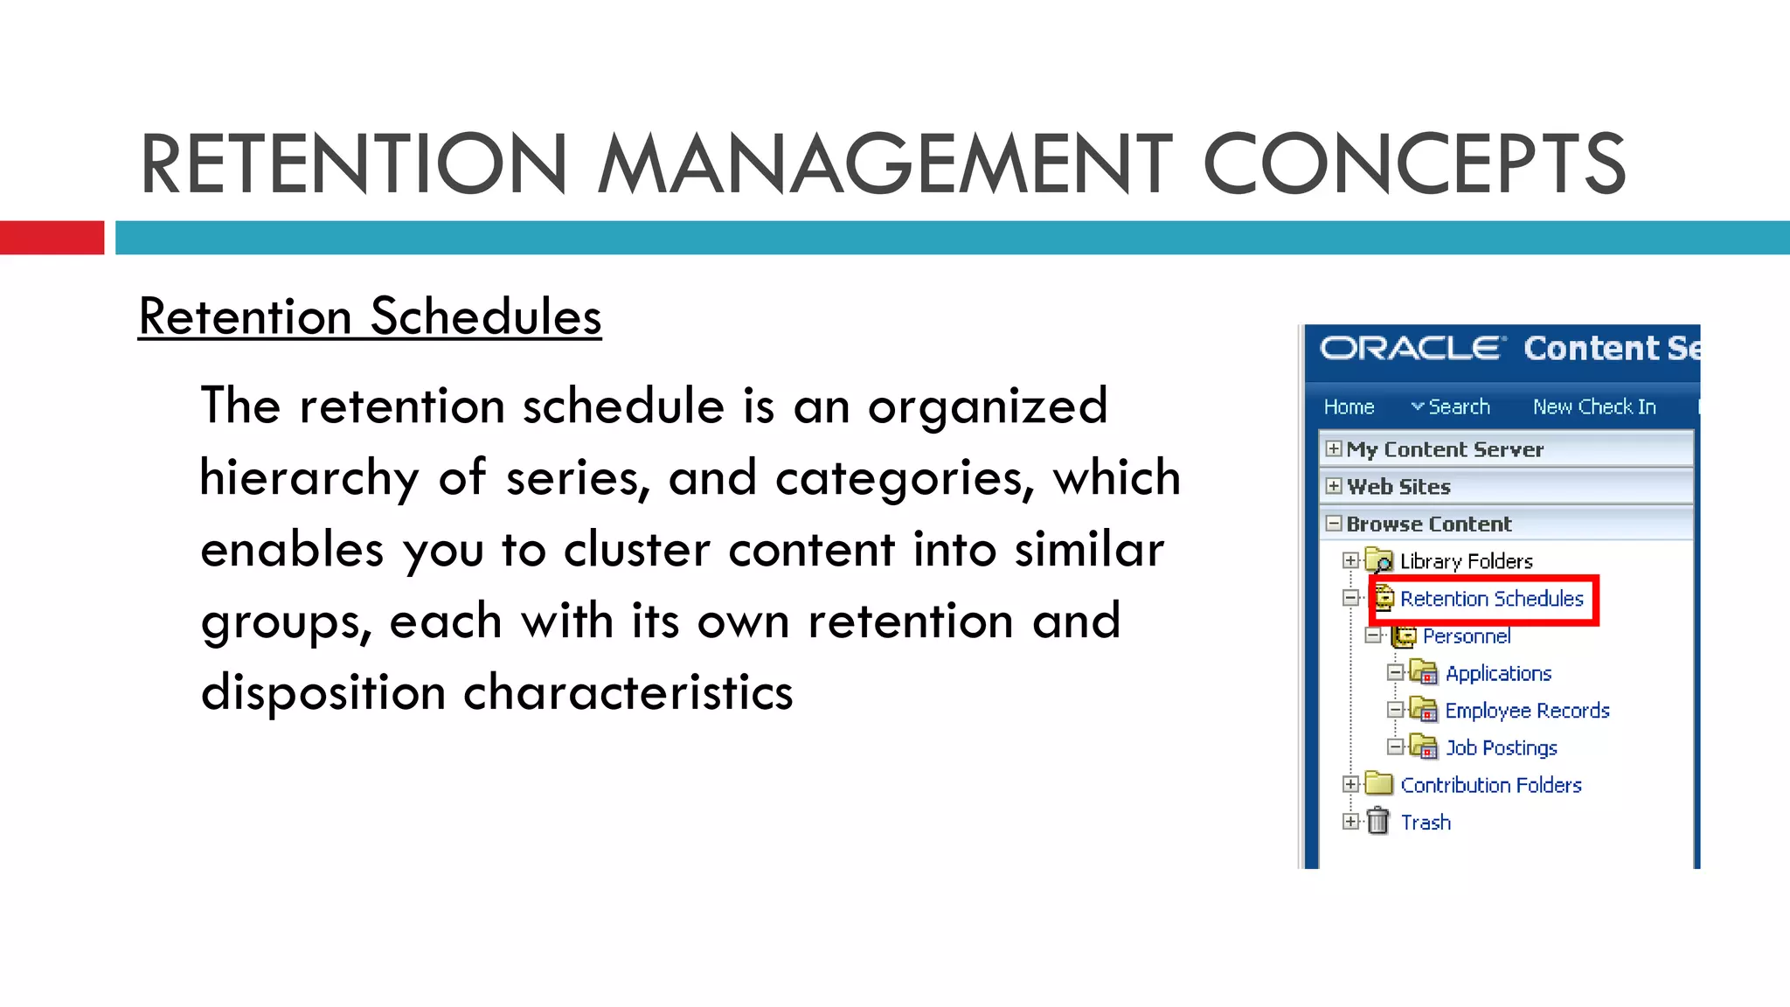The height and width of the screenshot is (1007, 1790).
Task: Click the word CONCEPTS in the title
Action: coord(1413,164)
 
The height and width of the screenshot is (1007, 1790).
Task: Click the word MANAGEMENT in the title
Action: coord(885,164)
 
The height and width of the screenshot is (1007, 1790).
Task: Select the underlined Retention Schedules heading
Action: coord(370,316)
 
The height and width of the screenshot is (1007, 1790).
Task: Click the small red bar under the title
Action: coord(52,238)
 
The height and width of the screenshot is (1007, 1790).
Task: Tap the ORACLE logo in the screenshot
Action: coord(1412,348)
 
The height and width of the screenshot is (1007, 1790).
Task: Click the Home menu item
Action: coord(1349,407)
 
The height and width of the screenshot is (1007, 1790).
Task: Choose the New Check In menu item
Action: coord(1594,407)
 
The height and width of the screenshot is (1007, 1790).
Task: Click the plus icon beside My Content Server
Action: coord(1333,449)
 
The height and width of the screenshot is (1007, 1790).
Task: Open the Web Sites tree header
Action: coord(1398,487)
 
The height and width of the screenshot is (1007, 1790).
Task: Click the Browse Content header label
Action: coord(1428,524)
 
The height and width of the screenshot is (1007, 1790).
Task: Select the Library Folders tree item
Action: coord(1466,561)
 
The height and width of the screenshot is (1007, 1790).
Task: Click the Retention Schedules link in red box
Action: coord(1491,599)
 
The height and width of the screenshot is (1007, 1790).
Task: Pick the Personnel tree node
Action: coord(1466,636)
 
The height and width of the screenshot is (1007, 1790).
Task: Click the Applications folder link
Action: coord(1498,674)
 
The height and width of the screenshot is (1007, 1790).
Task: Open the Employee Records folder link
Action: coord(1527,711)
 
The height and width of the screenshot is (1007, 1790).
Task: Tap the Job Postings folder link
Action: coord(1501,748)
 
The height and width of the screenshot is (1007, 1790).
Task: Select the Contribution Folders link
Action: coord(1491,786)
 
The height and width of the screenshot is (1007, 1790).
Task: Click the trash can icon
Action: coord(1378,822)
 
